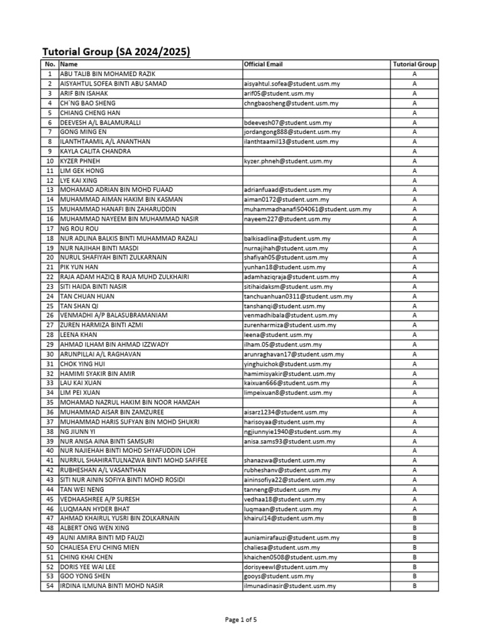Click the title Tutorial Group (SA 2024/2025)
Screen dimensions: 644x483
tap(116, 52)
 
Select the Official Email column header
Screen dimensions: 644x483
tap(263, 64)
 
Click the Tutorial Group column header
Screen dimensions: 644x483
tap(414, 64)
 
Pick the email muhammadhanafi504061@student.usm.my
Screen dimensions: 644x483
tap(307, 209)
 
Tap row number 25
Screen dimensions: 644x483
tap(49, 306)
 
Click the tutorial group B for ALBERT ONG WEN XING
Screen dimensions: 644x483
tap(414, 528)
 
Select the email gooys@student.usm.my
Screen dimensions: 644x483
tap(278, 577)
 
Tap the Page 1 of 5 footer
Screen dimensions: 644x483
tap(241, 619)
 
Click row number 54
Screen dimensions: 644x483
tap(49, 586)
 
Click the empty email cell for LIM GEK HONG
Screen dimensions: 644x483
tap(315, 170)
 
